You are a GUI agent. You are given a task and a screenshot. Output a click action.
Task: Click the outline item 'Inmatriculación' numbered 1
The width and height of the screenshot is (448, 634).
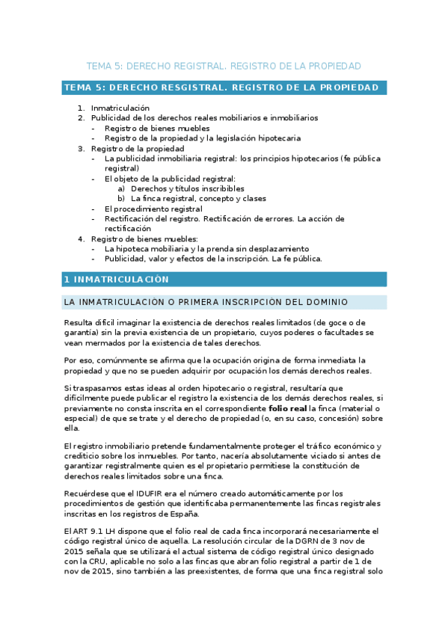point(120,108)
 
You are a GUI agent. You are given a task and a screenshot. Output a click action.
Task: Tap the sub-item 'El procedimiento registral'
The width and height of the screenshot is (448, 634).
point(153,209)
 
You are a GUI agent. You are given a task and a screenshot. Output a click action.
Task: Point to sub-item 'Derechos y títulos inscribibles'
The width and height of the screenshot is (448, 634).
point(181,188)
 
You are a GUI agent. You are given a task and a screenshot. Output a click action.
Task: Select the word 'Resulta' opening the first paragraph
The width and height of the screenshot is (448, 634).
point(79,322)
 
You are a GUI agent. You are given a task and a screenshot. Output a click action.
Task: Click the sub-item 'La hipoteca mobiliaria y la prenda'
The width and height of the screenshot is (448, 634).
point(193,248)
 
